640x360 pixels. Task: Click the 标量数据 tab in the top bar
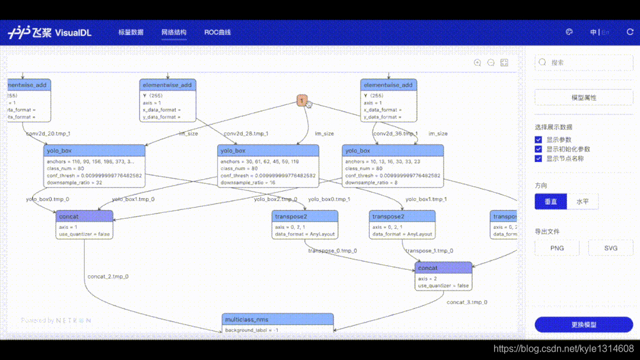coord(130,33)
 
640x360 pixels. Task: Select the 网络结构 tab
coord(174,33)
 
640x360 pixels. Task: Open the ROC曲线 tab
coord(217,33)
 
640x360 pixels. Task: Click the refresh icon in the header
coord(630,32)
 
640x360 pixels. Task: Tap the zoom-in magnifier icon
coord(477,63)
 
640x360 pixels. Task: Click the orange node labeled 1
coord(302,101)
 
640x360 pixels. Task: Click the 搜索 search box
coord(584,62)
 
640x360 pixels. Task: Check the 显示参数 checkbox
coord(539,140)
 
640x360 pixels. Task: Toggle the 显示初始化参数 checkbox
coord(539,149)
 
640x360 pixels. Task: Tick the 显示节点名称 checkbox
coord(539,159)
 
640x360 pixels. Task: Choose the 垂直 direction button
coord(551,202)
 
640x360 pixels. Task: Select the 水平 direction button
coord(582,202)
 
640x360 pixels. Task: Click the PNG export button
coord(557,248)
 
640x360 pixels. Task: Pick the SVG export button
coord(610,248)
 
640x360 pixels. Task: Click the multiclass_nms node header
coord(278,320)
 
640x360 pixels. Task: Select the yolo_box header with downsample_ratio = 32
coord(95,151)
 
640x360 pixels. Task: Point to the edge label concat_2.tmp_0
coord(108,277)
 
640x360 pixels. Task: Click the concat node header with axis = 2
coord(443,268)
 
